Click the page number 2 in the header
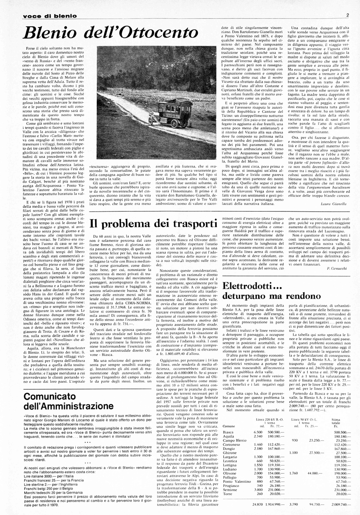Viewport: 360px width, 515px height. (348, 15)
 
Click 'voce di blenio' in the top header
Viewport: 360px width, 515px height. (50, 16)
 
